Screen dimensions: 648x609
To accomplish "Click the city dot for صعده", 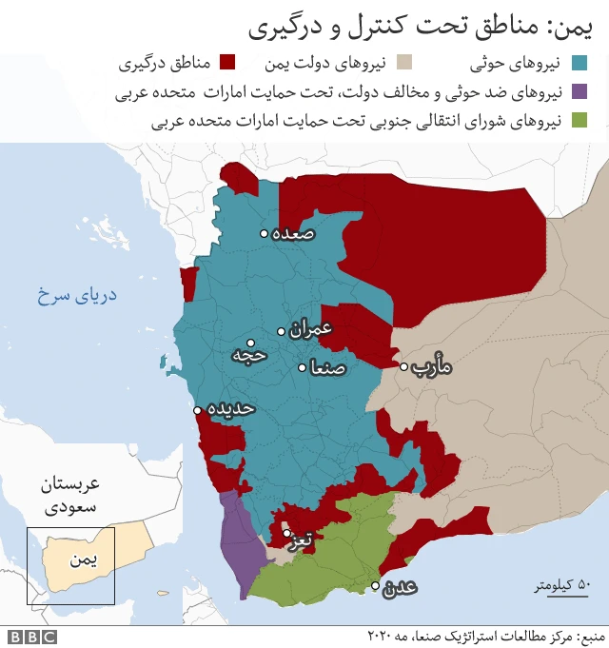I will coord(265,233).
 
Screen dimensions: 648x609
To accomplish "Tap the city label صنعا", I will coord(327,367).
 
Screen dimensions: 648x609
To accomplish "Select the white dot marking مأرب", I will coord(403,366).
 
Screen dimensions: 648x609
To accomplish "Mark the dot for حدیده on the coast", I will coord(198,411).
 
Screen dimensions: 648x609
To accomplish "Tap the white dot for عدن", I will coord(377,585).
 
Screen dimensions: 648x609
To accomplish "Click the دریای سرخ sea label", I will coord(76,294).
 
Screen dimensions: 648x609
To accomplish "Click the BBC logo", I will coord(31,636).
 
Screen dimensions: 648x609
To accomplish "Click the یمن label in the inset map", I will coord(84,560).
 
